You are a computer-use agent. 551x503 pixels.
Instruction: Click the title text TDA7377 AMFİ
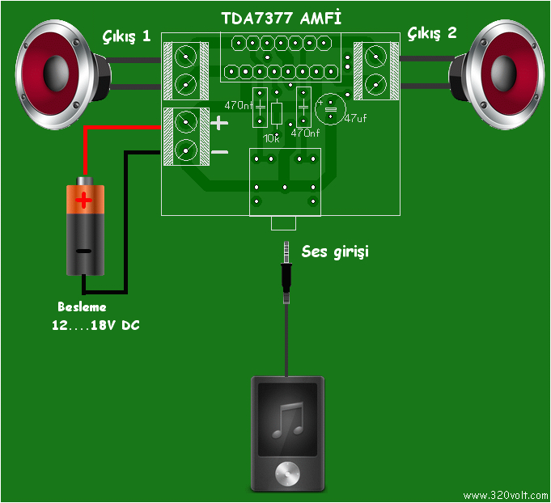(x=280, y=17)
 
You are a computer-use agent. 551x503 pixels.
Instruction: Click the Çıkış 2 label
(x=432, y=33)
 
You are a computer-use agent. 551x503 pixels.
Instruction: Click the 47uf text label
(x=355, y=118)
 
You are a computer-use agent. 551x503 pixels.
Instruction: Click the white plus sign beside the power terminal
(x=220, y=124)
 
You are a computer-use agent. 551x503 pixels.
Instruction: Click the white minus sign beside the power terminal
(x=220, y=151)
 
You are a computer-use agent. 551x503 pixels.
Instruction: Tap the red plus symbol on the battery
(x=85, y=198)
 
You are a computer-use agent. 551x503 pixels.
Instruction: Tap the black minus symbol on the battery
(x=85, y=250)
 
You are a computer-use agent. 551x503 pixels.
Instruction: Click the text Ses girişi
(x=335, y=252)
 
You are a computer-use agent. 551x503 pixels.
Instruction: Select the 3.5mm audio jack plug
(x=286, y=267)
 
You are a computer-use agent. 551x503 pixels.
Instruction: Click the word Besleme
(x=82, y=308)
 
